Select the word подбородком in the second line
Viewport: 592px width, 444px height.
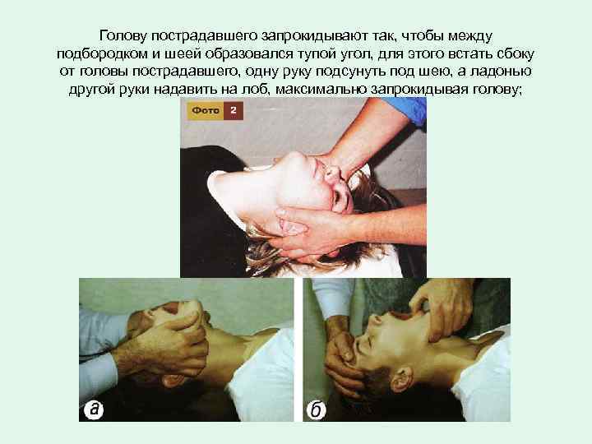(x=102, y=54)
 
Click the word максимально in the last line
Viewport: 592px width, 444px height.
(x=321, y=89)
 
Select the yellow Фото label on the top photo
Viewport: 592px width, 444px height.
(x=205, y=111)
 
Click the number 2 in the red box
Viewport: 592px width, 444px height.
(x=234, y=111)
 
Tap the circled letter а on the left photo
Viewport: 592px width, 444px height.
(x=93, y=409)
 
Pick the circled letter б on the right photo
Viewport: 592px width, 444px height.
(x=316, y=409)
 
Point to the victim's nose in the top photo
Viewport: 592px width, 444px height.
(x=333, y=173)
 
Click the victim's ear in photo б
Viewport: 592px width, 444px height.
(x=400, y=379)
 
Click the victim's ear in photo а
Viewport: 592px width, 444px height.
(x=174, y=381)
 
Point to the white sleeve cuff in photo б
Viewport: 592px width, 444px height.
(x=333, y=298)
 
